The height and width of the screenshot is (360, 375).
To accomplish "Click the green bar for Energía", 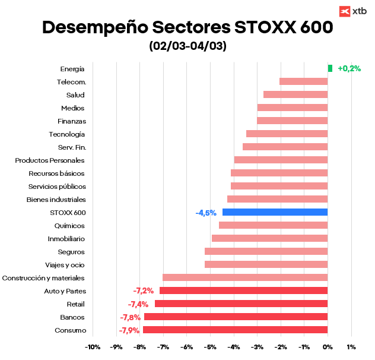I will pyautogui.click(x=330, y=68).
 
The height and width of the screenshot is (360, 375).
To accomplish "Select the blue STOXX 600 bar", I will pyautogui.click(x=275, y=212).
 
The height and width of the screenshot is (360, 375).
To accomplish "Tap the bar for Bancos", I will pyautogui.click(x=236, y=317).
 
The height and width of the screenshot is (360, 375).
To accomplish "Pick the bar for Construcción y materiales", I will pyautogui.click(x=245, y=277).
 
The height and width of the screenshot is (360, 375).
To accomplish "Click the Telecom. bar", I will pyautogui.click(x=303, y=81).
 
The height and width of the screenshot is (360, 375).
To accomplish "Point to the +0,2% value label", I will pyautogui.click(x=349, y=68).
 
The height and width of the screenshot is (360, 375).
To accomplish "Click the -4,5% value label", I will pyautogui.click(x=206, y=213).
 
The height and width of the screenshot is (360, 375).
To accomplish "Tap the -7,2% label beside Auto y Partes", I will pyautogui.click(x=144, y=291).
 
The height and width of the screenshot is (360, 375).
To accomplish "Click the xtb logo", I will pyautogui.click(x=352, y=11).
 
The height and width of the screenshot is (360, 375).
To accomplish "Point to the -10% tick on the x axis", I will pyautogui.click(x=93, y=347).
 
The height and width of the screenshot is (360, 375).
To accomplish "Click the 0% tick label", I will pyautogui.click(x=327, y=347).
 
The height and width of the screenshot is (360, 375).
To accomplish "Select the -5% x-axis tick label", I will pyautogui.click(x=209, y=347).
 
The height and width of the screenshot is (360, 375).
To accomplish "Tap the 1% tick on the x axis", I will pyautogui.click(x=351, y=347).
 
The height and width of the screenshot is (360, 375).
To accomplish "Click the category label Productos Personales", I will pyautogui.click(x=50, y=160).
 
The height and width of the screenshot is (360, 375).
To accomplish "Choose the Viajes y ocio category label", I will pyautogui.click(x=65, y=265).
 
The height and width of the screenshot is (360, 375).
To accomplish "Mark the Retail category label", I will pyautogui.click(x=75, y=304).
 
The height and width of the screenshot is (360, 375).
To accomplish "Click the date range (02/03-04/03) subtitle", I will pyautogui.click(x=188, y=46).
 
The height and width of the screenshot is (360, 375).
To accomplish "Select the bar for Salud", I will pyautogui.click(x=295, y=94).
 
